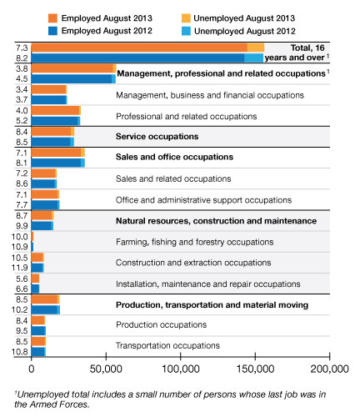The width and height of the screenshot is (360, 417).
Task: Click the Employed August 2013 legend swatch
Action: coord(52,18)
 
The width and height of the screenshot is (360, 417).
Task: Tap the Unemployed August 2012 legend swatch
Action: coord(186,31)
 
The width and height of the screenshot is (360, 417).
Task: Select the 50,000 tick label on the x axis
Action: coord(106,369)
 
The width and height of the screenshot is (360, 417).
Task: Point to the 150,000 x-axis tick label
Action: coord(255,369)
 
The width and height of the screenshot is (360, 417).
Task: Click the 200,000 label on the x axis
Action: coord(329,369)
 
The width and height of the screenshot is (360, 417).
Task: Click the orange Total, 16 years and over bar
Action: coord(147,48)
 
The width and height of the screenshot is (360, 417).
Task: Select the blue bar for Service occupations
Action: coord(52,142)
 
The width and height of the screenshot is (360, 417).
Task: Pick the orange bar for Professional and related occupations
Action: coord(56,110)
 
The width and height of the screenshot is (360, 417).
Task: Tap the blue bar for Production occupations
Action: coord(38,331)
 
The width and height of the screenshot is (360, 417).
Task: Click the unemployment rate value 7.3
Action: coord(22,48)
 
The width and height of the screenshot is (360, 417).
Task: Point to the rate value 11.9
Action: coord(20,268)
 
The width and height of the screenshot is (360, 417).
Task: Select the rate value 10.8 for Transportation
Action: coord(20,352)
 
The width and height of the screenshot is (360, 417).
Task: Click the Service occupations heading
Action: coord(157,137)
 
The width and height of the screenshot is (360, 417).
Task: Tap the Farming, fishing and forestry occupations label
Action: coord(194,242)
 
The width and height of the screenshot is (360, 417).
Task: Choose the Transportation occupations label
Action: coord(167,345)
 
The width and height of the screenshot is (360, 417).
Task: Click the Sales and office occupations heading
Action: coord(174,157)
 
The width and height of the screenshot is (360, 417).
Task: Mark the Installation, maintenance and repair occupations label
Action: coord(208,284)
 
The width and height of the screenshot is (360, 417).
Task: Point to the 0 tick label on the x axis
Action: coord(32,369)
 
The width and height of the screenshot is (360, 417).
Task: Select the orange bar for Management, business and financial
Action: coord(49,89)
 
